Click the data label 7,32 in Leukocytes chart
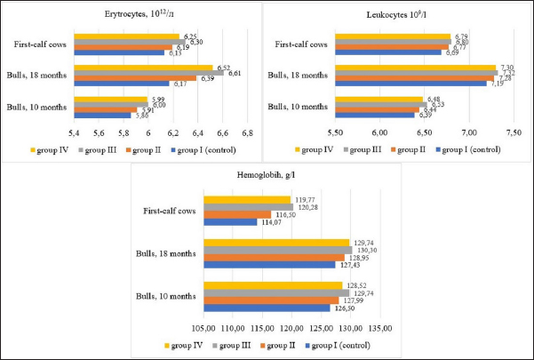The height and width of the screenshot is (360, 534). pyautogui.click(x=506, y=73)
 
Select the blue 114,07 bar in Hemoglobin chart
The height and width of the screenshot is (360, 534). pyautogui.click(x=230, y=221)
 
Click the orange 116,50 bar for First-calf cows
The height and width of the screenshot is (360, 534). pyautogui.click(x=237, y=214)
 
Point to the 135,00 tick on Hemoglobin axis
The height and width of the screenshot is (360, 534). pyautogui.click(x=381, y=327)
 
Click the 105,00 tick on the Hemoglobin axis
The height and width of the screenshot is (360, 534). pyautogui.click(x=204, y=327)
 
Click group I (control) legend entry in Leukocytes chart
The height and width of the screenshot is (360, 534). pyautogui.click(x=474, y=149)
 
